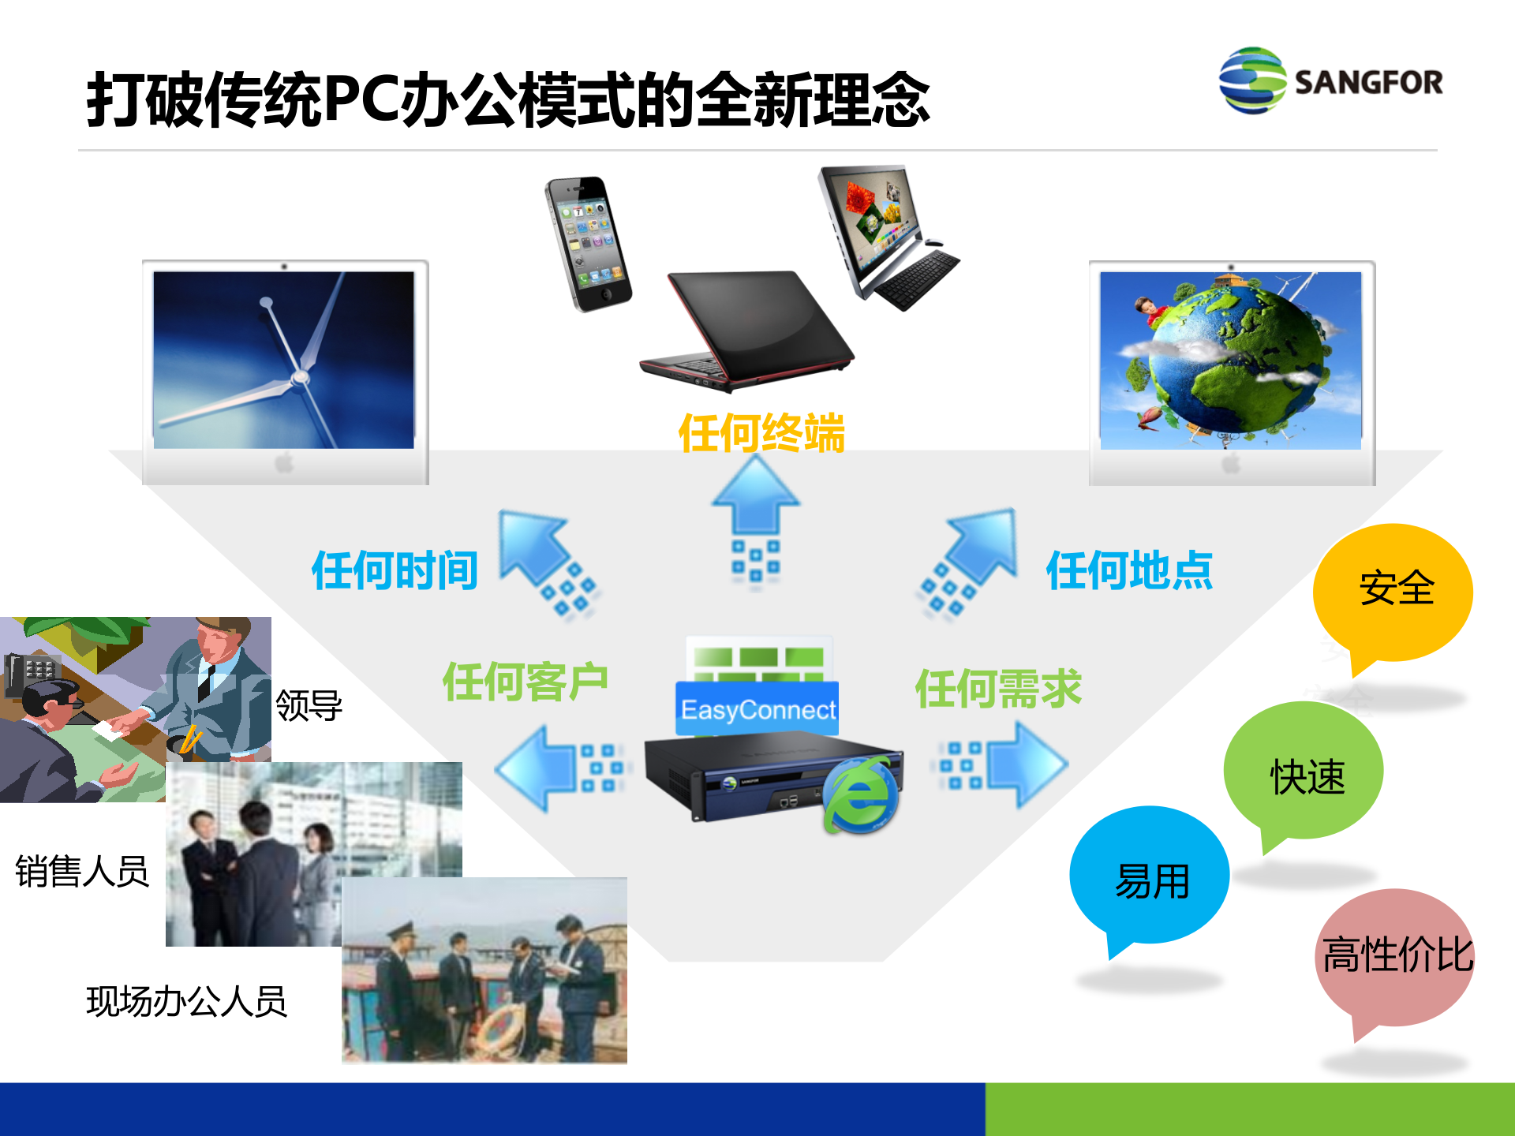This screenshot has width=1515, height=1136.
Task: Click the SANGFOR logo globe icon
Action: (x=1252, y=80)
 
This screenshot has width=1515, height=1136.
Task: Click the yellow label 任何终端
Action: (x=761, y=433)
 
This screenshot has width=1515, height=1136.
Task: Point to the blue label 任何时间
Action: (x=395, y=570)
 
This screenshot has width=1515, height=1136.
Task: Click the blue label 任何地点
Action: (x=1129, y=570)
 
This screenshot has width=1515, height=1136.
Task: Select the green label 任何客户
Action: (x=525, y=682)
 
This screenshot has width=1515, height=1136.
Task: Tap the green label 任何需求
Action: (x=998, y=689)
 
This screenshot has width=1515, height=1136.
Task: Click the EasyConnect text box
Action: (x=757, y=709)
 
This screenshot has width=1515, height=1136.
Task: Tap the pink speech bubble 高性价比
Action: (x=1395, y=955)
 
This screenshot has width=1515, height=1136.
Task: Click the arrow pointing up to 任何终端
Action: (x=756, y=497)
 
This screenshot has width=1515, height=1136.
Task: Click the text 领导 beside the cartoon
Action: (x=309, y=704)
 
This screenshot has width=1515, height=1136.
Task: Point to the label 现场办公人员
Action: (x=186, y=1002)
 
